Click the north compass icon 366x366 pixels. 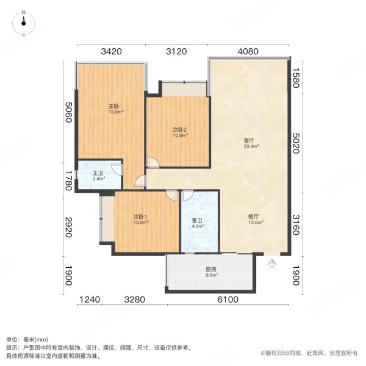coord(23,22)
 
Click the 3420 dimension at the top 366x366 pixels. coord(112,51)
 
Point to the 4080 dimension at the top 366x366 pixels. coord(248,51)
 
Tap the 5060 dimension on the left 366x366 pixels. coord(68,112)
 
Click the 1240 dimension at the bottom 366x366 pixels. coord(90,299)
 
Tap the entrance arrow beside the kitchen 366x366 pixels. coord(271,264)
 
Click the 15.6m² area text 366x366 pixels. coord(116,112)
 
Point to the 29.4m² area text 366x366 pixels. coord(251,146)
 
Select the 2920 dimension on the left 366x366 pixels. coord(68,226)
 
